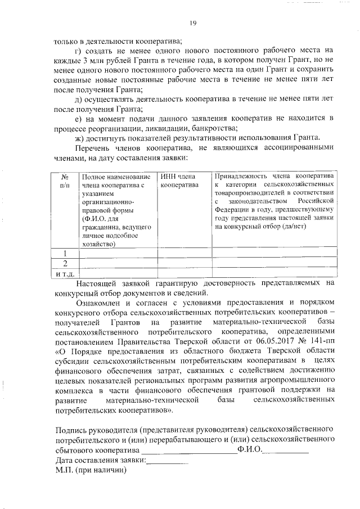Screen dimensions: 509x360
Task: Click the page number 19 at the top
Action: pyautogui.click(x=192, y=22)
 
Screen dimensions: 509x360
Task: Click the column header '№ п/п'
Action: pyautogui.click(x=65, y=181)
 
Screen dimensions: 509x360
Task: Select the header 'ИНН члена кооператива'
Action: pyautogui.click(x=179, y=181)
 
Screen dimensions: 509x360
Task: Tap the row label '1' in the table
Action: pyautogui.click(x=65, y=253)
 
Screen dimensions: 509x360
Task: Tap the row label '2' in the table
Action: pyautogui.click(x=65, y=263)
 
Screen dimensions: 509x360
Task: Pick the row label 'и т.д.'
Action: pyautogui.click(x=65, y=273)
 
